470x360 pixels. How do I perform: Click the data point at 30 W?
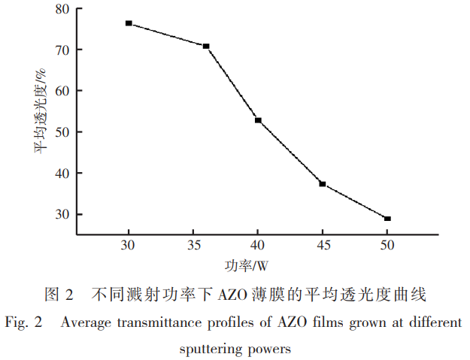129,23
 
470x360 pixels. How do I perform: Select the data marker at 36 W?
205,47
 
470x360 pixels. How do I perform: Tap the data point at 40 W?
257,120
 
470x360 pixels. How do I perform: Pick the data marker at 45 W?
322,183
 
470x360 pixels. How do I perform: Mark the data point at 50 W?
387,219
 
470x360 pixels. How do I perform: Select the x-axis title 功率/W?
246,266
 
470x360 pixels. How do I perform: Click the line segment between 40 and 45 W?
290,152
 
